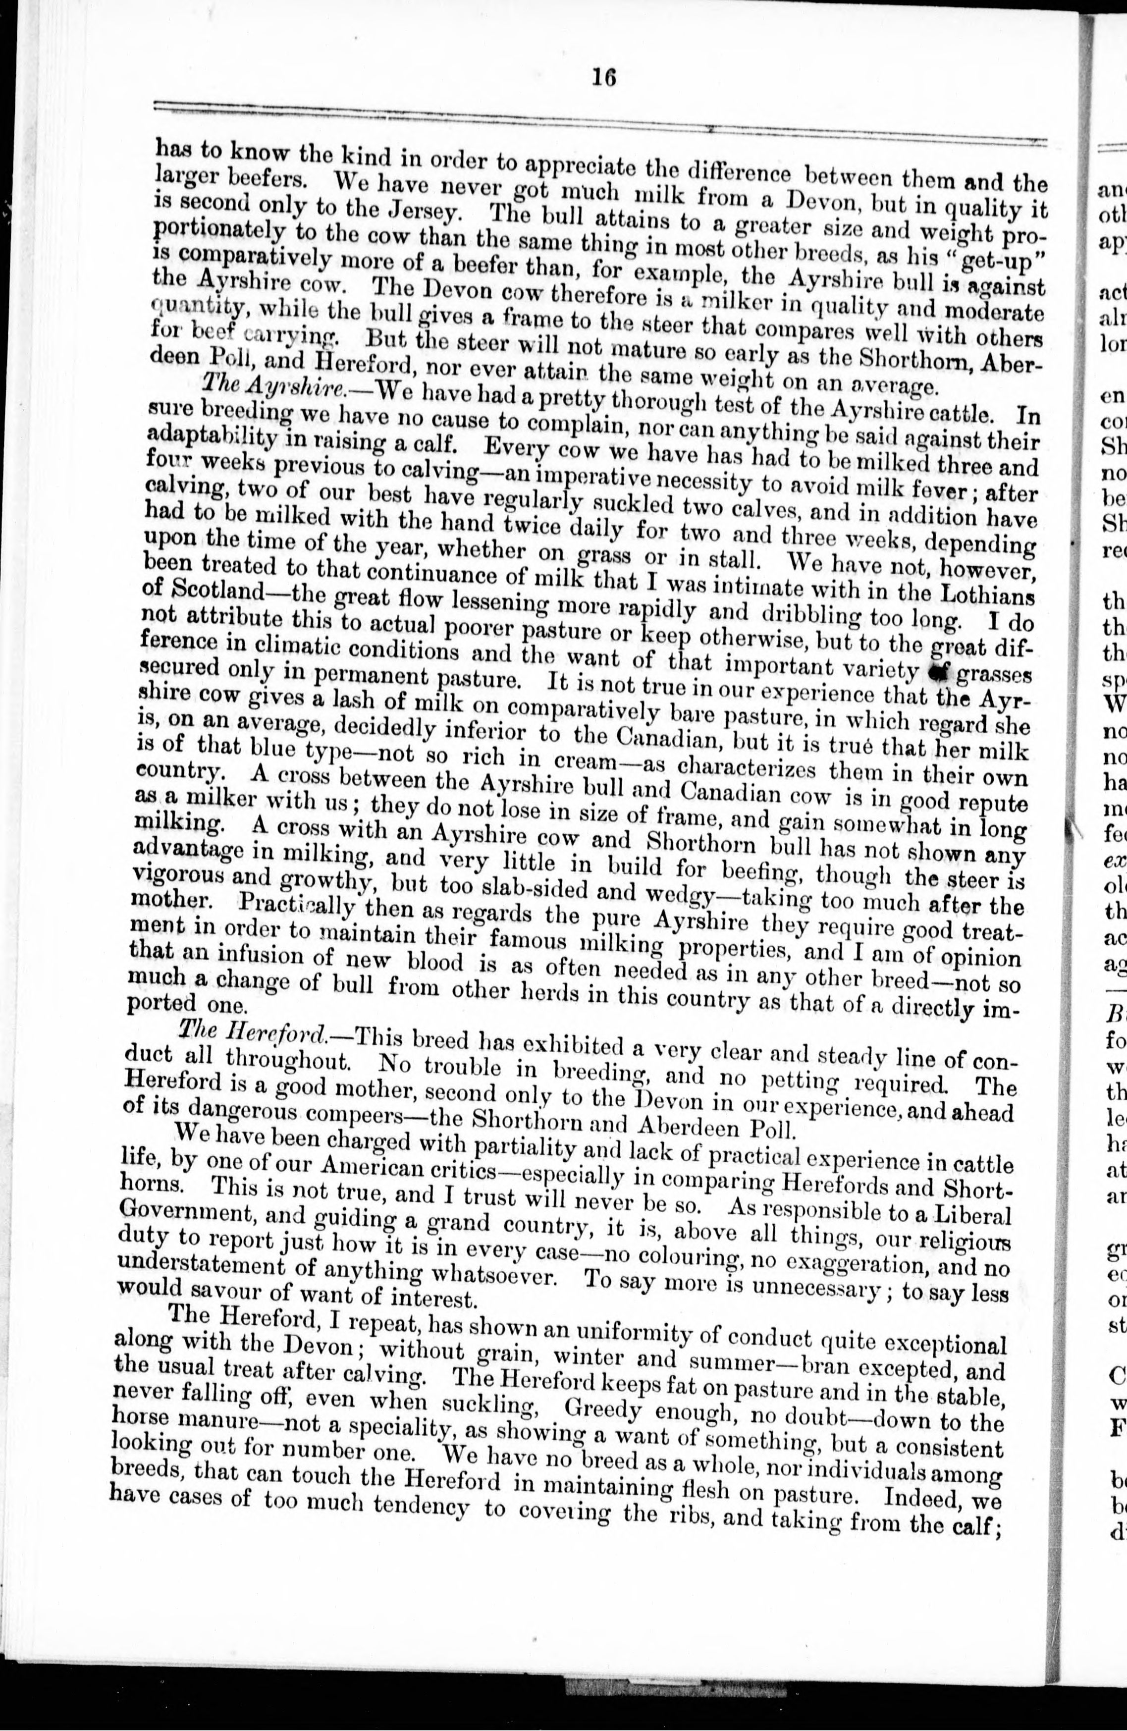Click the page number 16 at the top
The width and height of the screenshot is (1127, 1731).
[x=603, y=76]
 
